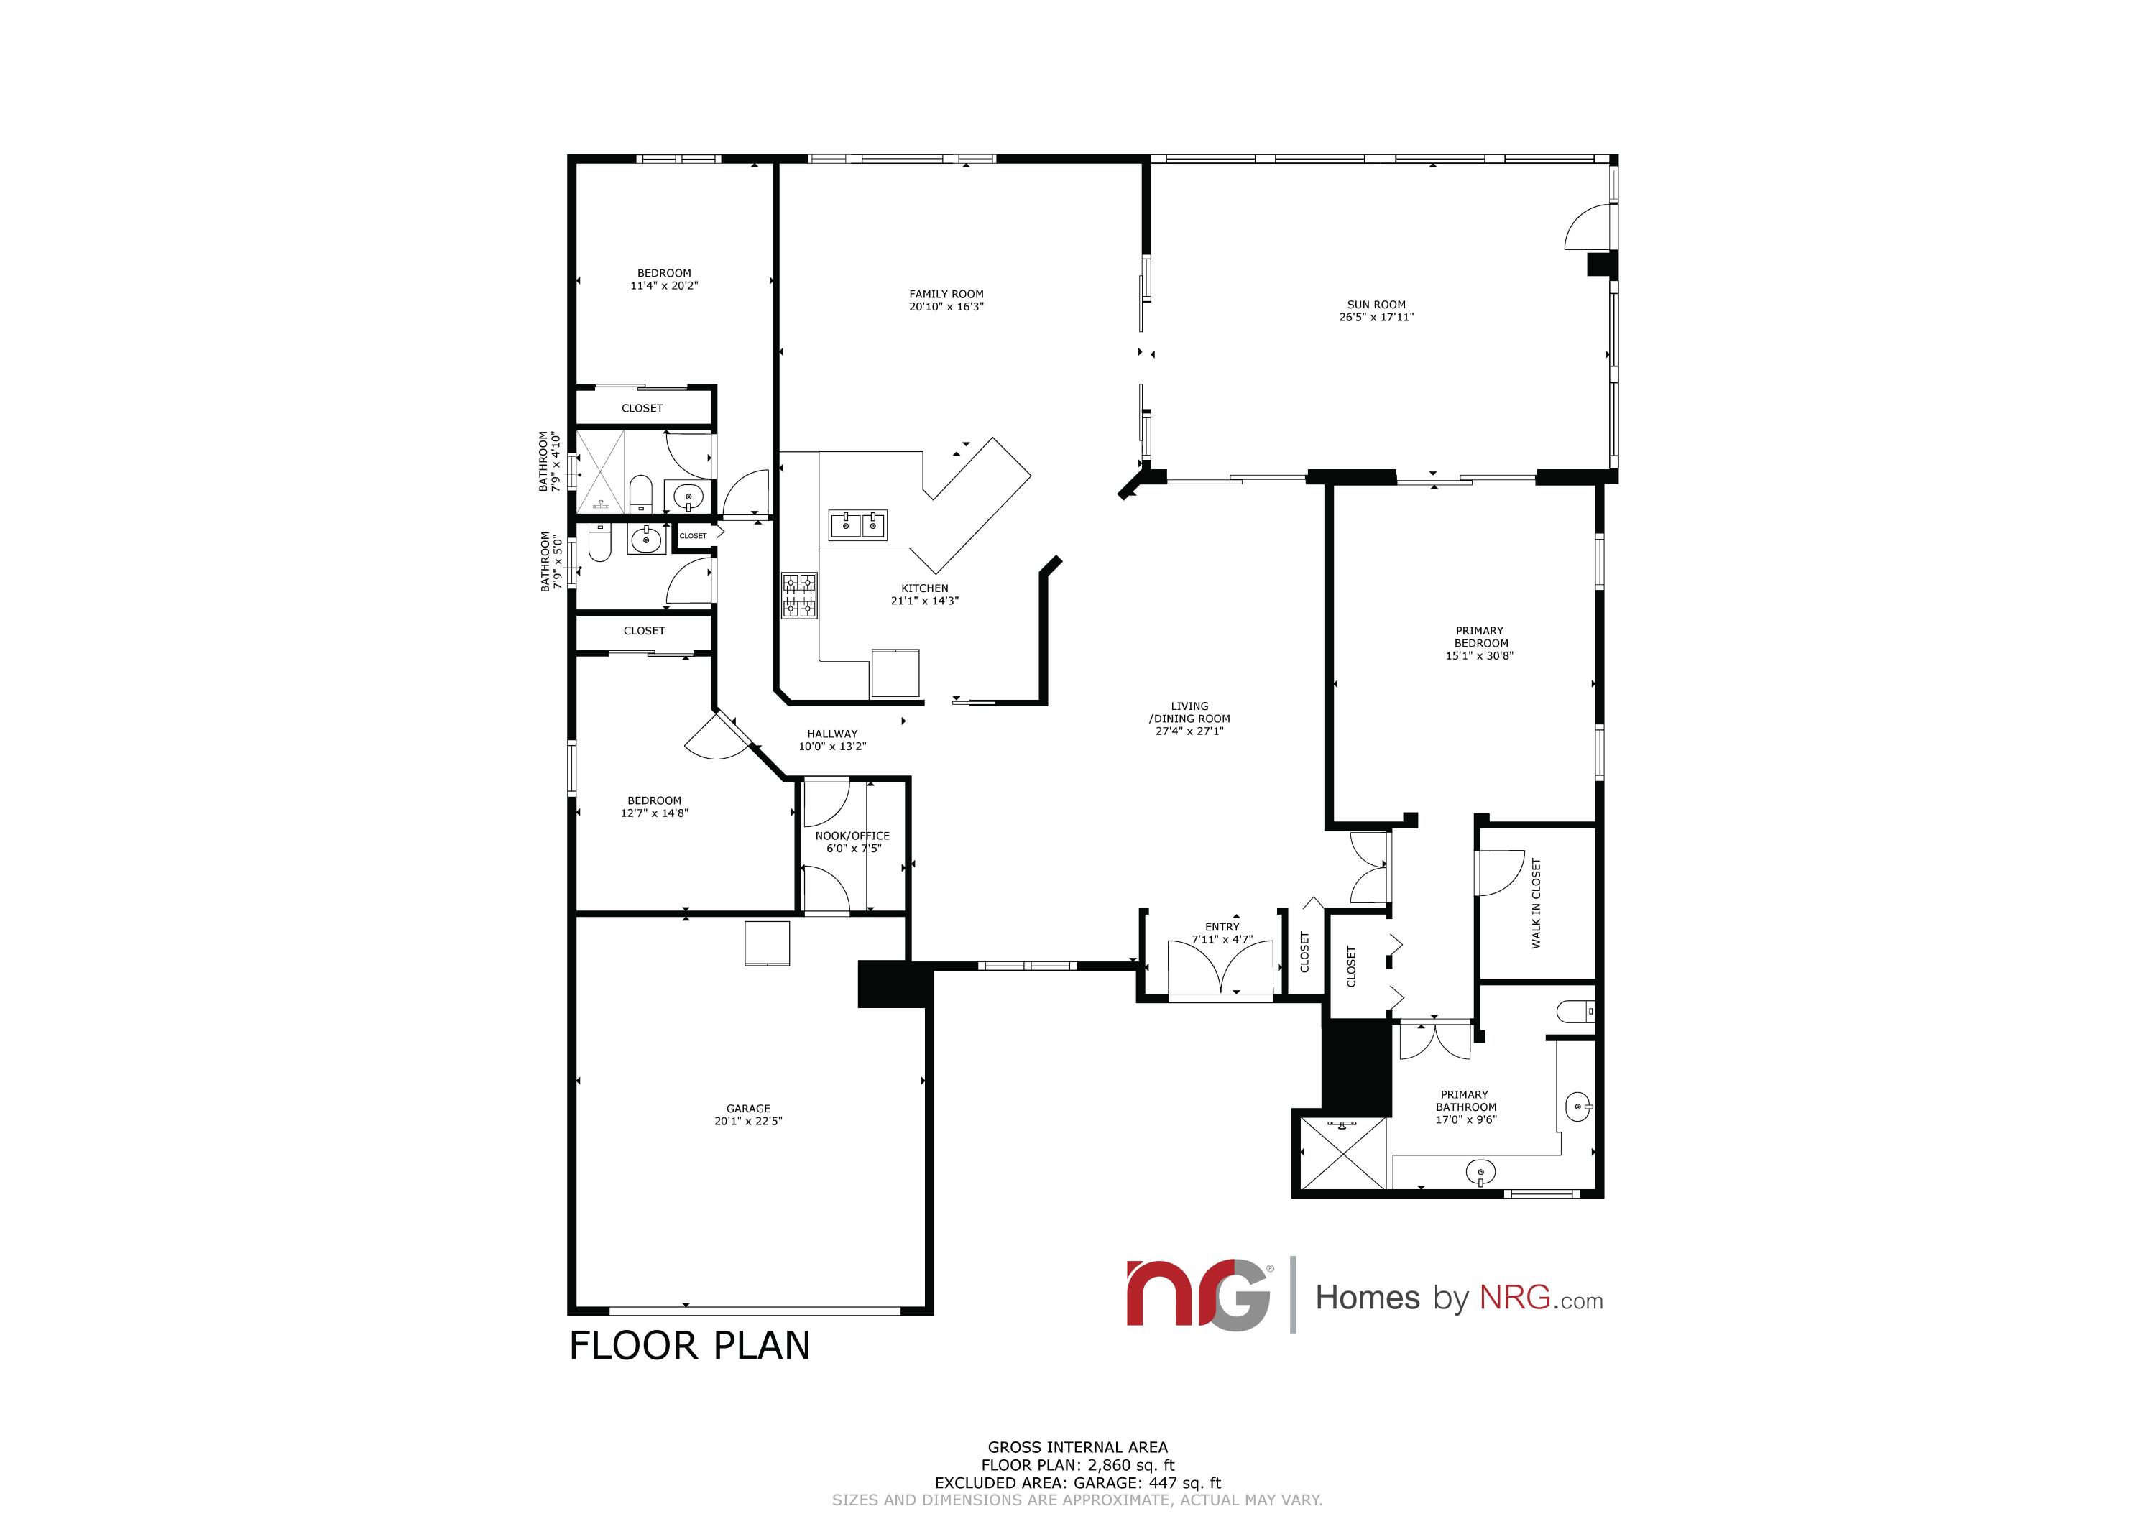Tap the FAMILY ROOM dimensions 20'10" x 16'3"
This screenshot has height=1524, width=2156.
tap(946, 307)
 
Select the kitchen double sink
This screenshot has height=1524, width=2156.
tap(857, 526)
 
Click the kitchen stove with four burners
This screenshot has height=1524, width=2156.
tap(800, 596)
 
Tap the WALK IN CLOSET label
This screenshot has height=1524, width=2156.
tap(1537, 902)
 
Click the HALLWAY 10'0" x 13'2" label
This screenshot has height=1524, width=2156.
tap(832, 740)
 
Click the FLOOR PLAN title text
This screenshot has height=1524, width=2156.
tap(689, 1346)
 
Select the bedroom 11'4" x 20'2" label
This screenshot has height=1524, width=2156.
tap(664, 279)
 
